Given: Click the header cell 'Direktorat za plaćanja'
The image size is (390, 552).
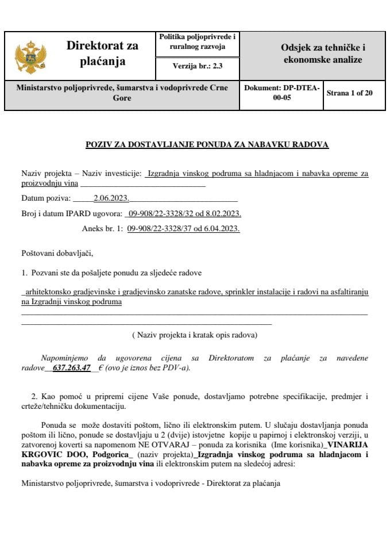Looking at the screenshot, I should pos(102,53).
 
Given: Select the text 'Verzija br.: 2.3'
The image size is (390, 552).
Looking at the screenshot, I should pos(197,66).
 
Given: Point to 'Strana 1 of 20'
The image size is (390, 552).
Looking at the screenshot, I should pos(349,92).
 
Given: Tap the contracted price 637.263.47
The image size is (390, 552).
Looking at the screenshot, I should pos(71,368).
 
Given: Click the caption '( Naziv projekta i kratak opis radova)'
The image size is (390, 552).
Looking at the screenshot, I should pos(194,335).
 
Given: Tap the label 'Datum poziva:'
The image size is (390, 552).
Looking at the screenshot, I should pos(45,199).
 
